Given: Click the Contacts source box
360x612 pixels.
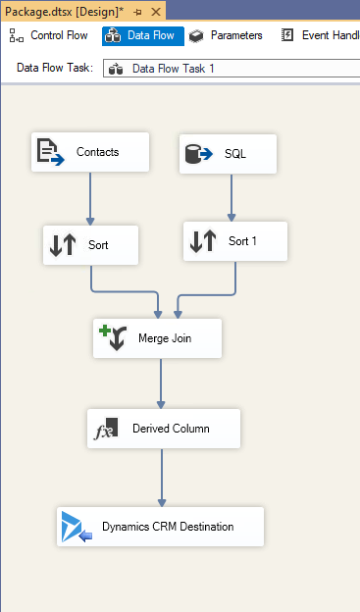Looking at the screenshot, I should pyautogui.click(x=89, y=152).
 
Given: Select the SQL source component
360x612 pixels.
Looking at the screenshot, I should pyautogui.click(x=228, y=154).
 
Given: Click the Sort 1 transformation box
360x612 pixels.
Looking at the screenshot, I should pyautogui.click(x=235, y=241).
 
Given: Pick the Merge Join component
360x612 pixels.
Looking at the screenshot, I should pyautogui.click(x=157, y=338).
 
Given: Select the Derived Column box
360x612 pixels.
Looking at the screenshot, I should pyautogui.click(x=164, y=429).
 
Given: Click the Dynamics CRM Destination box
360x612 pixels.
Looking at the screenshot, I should pyautogui.click(x=160, y=527).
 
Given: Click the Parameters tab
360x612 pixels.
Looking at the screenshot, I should pyautogui.click(x=227, y=35).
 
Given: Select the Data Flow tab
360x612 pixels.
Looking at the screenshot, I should pyautogui.click(x=142, y=35).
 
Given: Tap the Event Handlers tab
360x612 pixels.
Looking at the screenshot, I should pyautogui.click(x=319, y=35).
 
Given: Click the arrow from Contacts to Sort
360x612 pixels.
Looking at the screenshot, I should pyautogui.click(x=90, y=198).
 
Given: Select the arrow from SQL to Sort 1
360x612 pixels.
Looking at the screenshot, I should pyautogui.click(x=231, y=197).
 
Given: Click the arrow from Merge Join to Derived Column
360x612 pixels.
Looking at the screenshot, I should pyautogui.click(x=161, y=383).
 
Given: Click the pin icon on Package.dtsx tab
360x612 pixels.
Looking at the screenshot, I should pyautogui.click(x=136, y=11).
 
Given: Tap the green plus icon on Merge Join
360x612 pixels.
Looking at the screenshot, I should pyautogui.click(x=104, y=331).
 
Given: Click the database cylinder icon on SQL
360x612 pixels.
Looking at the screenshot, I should pyautogui.click(x=194, y=153).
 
